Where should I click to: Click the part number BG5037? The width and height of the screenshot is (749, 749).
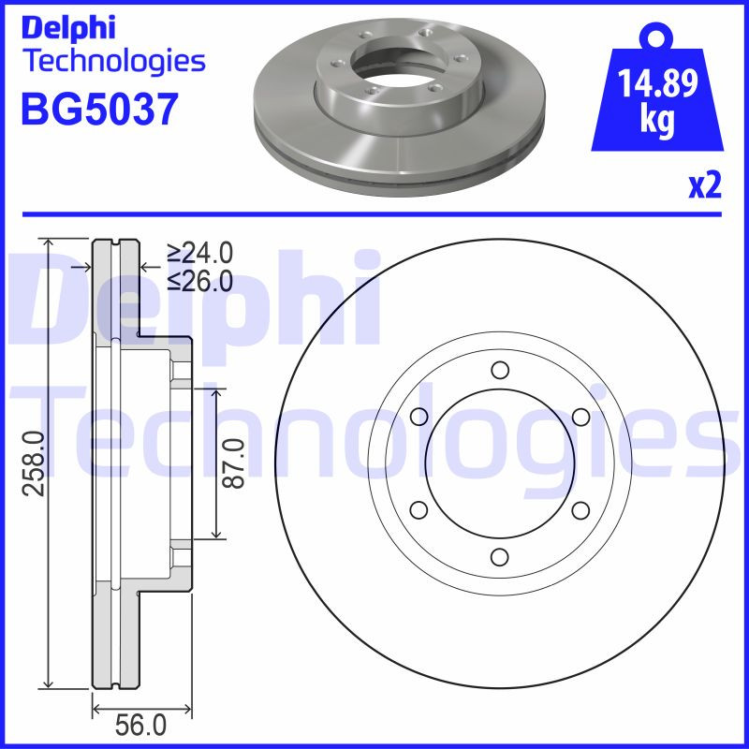coord(97,110)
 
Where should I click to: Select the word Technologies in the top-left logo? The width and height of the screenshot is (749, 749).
coord(112,61)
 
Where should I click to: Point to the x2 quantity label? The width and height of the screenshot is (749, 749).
coord(704,186)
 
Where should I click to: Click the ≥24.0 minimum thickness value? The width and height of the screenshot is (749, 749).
coord(199,253)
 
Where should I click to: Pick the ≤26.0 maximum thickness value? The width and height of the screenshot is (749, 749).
coord(199,281)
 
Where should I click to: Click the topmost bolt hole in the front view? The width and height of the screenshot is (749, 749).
coord(499,369)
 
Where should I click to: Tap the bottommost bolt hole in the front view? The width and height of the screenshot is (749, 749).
coord(499,557)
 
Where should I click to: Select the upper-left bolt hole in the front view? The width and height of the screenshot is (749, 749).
coord(419,417)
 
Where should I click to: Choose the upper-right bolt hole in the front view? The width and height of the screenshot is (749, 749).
coord(580,417)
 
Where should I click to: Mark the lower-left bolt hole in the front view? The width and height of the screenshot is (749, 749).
coord(419,509)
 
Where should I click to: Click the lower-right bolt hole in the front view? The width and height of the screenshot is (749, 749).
coord(580,509)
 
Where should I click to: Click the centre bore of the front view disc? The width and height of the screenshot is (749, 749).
coord(499,463)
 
